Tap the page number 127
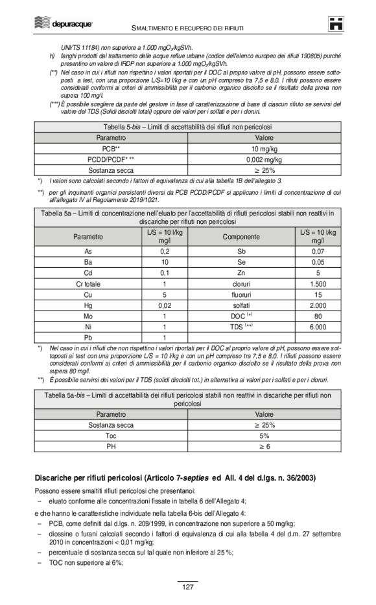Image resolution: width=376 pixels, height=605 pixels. coord(187,587)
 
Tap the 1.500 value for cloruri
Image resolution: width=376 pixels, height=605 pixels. coord(318,283)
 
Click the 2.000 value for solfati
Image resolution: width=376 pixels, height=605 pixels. coord(318,304)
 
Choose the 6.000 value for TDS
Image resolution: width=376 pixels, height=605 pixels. coord(318,326)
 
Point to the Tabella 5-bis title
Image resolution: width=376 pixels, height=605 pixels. coord(187,127)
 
